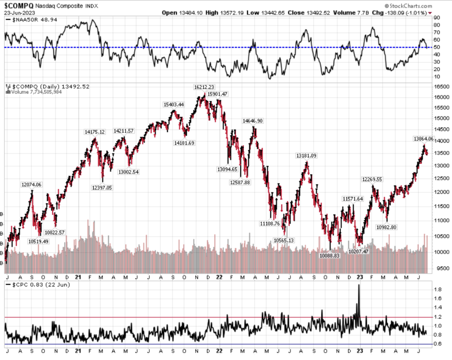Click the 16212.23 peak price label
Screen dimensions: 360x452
click(204, 87)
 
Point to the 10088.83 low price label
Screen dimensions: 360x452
click(330, 256)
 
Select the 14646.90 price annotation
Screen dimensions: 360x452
click(252, 121)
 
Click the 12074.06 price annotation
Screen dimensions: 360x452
click(31, 185)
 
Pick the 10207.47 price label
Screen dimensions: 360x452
click(358, 251)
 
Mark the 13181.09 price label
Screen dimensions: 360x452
click(306, 155)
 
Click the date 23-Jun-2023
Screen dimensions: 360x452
click(17, 12)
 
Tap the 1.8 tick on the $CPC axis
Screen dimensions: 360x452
click(438, 289)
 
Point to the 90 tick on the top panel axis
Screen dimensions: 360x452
click(437, 17)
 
